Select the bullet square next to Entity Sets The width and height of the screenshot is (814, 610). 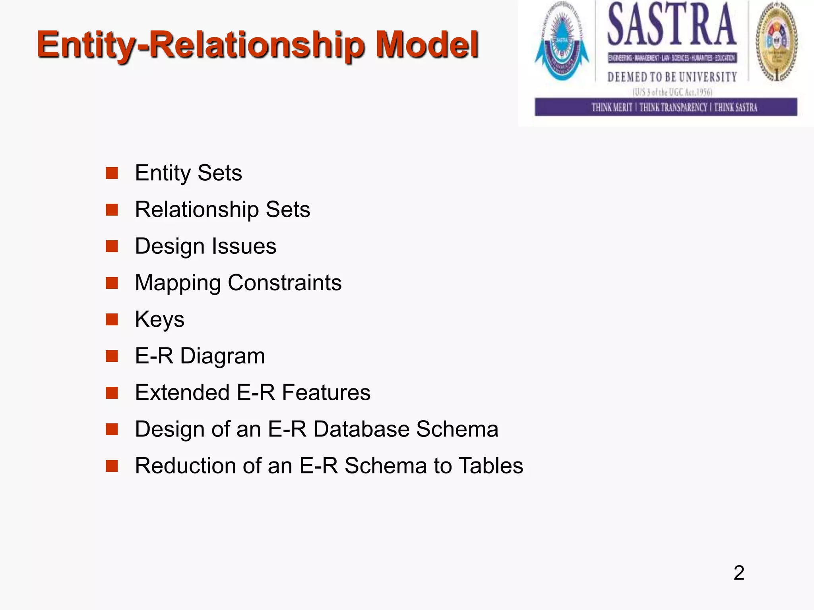112,173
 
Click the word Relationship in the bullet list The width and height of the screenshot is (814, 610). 197,210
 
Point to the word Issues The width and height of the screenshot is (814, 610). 244,246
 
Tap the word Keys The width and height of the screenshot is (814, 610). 159,320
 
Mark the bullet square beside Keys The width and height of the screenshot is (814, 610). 112,320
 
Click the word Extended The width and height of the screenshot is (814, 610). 182,392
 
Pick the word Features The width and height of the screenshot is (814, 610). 326,392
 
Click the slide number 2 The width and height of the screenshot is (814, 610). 738,573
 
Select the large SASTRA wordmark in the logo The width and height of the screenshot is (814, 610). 672,25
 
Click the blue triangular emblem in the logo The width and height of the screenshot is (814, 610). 562,44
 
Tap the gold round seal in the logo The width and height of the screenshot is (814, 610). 777,42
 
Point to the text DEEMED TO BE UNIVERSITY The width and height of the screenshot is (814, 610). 672,77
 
